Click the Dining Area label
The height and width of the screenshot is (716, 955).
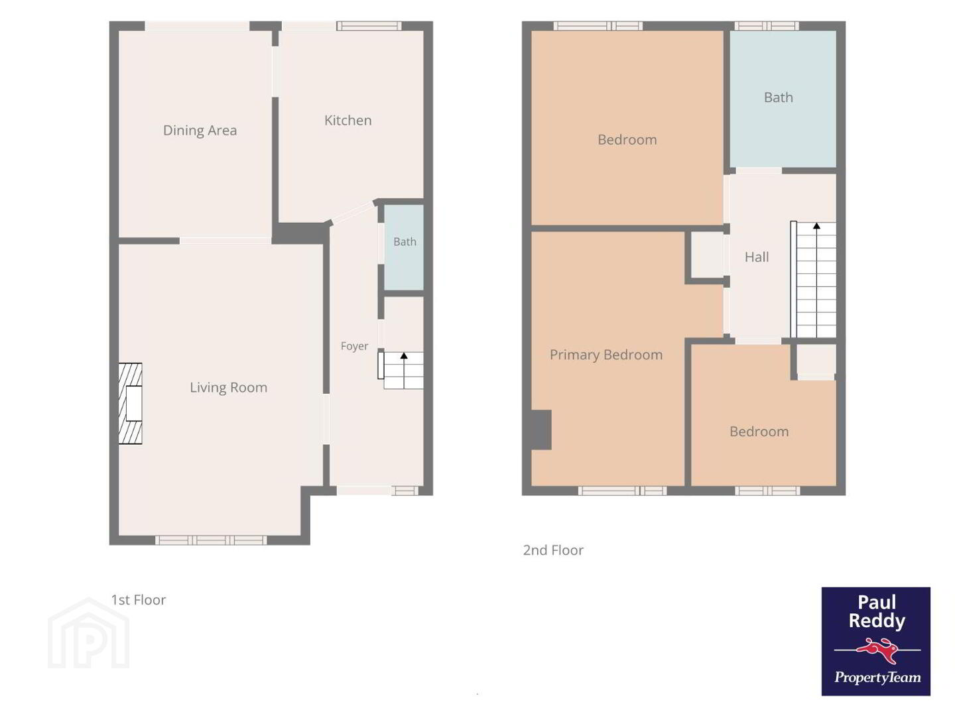click(200, 131)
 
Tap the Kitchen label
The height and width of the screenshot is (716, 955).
click(348, 121)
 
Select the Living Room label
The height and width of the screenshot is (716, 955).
click(228, 387)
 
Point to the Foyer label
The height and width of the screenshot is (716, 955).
click(354, 346)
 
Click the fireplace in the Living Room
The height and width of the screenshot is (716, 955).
click(131, 404)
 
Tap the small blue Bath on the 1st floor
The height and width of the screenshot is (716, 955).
click(404, 247)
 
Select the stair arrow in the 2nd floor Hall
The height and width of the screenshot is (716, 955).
click(816, 280)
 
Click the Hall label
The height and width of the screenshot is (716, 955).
click(757, 257)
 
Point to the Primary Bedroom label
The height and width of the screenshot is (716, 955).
click(606, 355)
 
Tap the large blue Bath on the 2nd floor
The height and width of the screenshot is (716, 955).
click(783, 99)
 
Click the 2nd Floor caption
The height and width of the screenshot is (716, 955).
click(553, 550)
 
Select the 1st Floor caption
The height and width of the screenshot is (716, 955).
click(139, 600)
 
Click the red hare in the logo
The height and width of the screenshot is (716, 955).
click(877, 651)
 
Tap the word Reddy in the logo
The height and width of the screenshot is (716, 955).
click(877, 621)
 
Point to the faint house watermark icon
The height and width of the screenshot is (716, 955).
click(88, 633)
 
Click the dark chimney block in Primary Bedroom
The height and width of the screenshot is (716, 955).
click(541, 430)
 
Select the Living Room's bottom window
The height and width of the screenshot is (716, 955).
click(211, 540)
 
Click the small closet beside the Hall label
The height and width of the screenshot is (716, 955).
click(707, 255)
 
